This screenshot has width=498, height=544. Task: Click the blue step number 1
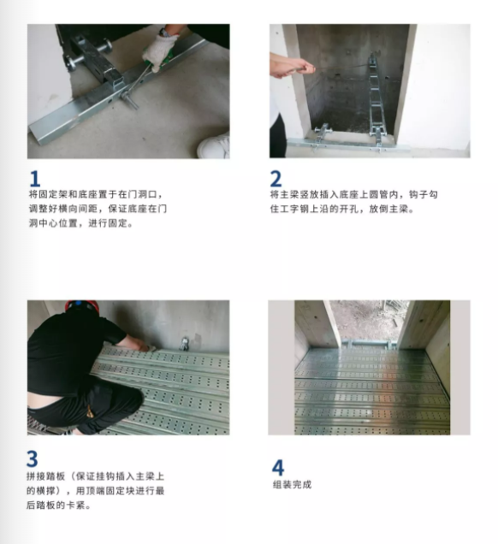pyautogui.click(x=35, y=179)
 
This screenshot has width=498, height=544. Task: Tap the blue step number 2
pyautogui.click(x=276, y=179)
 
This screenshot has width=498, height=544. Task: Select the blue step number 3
pyautogui.click(x=32, y=458)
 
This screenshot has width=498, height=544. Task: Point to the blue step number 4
pyautogui.click(x=278, y=467)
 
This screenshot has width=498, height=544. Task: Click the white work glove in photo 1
pyautogui.click(x=159, y=51)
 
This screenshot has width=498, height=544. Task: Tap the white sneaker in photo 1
pyautogui.click(x=214, y=145)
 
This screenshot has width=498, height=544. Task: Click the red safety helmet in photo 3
pyautogui.click(x=82, y=307)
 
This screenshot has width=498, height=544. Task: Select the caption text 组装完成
pyautogui.click(x=292, y=484)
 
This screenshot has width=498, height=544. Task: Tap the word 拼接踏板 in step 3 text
pyautogui.click(x=46, y=476)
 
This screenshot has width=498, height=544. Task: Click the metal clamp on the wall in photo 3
pyautogui.click(x=185, y=344)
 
